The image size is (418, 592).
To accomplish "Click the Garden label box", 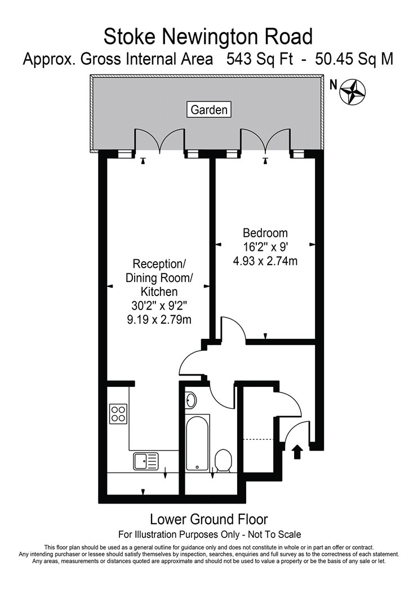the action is tap(209, 110).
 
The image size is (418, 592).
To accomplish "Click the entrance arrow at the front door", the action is tap(297, 452).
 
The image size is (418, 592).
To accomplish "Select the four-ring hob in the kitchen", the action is tap(118, 413).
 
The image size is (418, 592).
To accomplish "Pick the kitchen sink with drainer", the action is tap(146, 461).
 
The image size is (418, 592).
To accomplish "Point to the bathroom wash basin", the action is tap(192, 400).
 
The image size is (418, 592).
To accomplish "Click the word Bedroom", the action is tap(265, 232).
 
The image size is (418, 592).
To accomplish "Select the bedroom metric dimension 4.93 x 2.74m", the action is tap(265, 260).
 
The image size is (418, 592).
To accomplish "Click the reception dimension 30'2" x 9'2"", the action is tap(159, 306).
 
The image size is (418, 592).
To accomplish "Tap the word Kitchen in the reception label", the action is tap(159, 291).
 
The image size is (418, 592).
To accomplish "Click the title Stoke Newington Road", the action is tap(208, 37).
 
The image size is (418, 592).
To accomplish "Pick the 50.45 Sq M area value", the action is tap(354, 59).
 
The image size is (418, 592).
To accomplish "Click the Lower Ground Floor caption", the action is tap(209, 519).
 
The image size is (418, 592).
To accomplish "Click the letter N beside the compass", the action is tap(333, 86).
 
